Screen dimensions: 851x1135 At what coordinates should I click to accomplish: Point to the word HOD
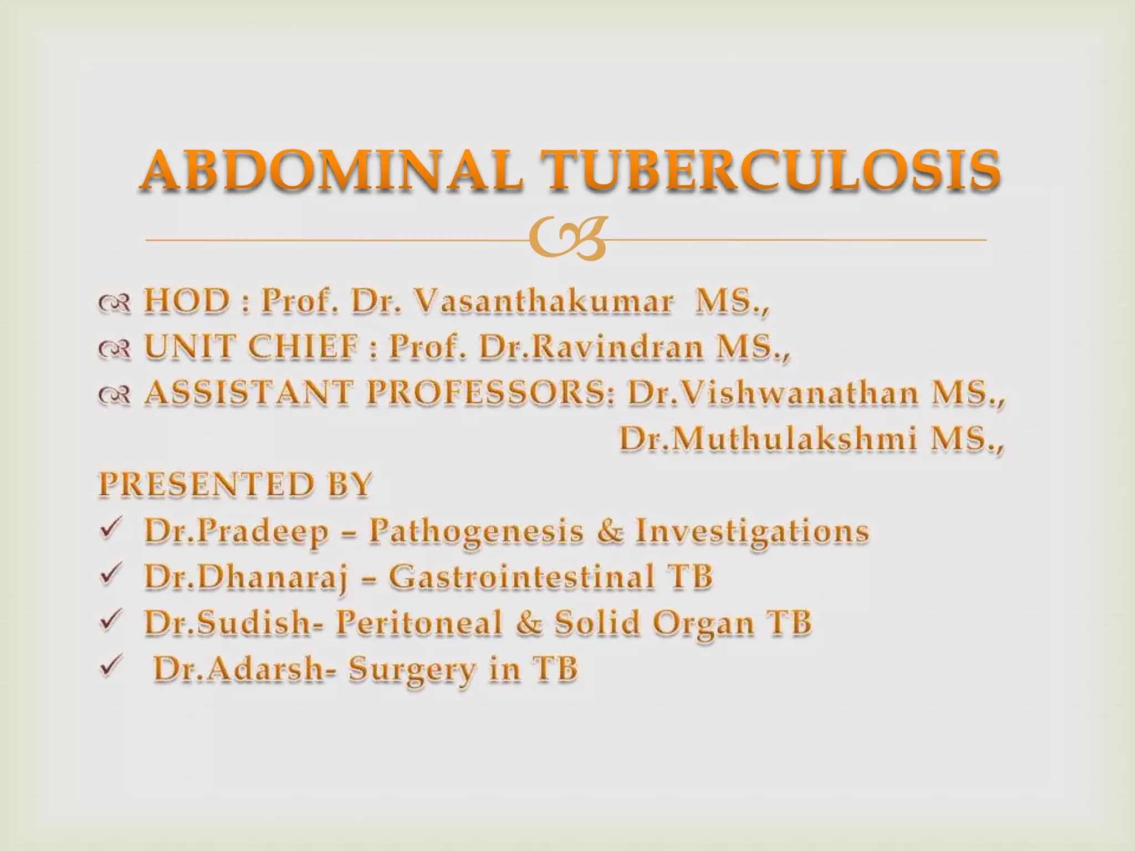(x=186, y=301)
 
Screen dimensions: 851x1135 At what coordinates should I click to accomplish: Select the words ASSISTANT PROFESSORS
(x=379, y=393)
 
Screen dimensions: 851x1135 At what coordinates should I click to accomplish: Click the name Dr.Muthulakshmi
(x=768, y=440)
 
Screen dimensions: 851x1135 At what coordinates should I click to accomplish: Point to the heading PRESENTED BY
(x=235, y=485)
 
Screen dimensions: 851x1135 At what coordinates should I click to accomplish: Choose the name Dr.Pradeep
(x=236, y=531)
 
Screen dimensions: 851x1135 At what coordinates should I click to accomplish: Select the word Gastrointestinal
(x=521, y=577)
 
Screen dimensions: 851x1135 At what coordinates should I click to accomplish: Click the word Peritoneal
(x=419, y=623)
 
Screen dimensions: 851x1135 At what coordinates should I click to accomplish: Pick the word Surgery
(x=412, y=669)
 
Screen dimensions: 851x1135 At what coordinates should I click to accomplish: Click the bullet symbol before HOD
(x=115, y=303)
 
